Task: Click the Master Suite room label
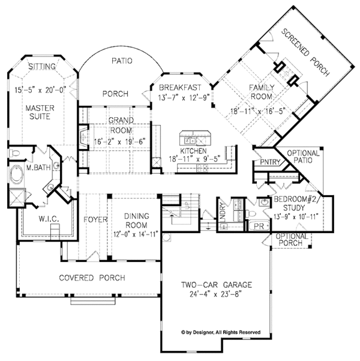click(x=40, y=112)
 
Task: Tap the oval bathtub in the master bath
click(x=17, y=175)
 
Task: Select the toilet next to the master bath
click(x=15, y=153)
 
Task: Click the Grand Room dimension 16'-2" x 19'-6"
click(x=119, y=141)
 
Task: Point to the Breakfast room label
click(x=180, y=88)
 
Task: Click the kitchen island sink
click(x=190, y=140)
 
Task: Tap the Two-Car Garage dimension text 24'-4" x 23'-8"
click(x=216, y=294)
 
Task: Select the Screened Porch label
click(x=305, y=52)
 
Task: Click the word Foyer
click(x=95, y=220)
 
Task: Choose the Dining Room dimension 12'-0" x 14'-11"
click(x=136, y=234)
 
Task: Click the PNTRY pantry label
click(x=270, y=162)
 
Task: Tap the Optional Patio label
click(x=303, y=157)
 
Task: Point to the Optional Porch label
click(x=292, y=240)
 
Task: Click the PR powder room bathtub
click(x=259, y=226)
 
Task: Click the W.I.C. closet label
click(x=49, y=219)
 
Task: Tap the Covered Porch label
click(x=92, y=278)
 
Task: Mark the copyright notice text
click(x=221, y=332)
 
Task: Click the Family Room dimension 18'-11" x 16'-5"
click(x=257, y=111)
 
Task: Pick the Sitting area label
click(x=42, y=67)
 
